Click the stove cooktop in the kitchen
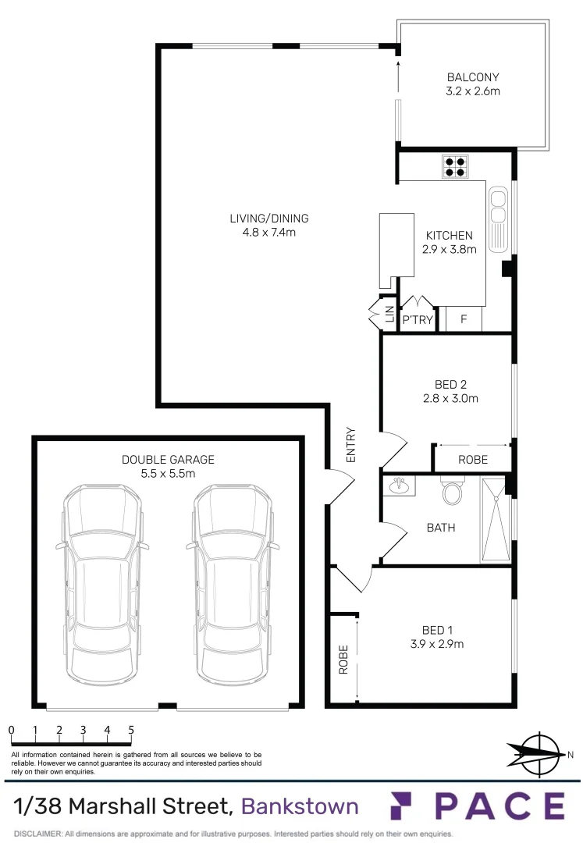click(456, 166)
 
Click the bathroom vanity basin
click(399, 486)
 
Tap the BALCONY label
click(472, 77)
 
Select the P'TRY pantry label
click(418, 319)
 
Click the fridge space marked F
click(464, 319)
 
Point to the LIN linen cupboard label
click(389, 314)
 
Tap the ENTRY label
click(350, 445)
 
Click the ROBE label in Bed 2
click(472, 460)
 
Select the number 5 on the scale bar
click(131, 731)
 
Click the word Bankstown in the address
click(300, 806)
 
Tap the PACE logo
click(478, 806)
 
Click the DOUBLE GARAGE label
click(168, 460)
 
